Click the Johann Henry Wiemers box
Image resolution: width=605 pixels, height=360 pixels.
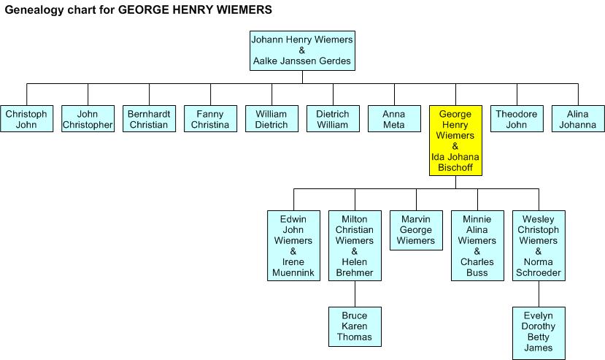click(x=302, y=50)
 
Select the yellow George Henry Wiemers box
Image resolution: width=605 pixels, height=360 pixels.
click(x=455, y=141)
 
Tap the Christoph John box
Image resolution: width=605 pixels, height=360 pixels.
click(x=26, y=118)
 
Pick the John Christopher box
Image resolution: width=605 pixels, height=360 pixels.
click(x=88, y=118)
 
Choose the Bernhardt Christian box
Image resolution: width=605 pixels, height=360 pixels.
click(x=149, y=118)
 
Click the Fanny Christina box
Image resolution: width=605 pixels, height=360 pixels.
click(x=210, y=118)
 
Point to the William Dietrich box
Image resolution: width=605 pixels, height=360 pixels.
click(x=271, y=118)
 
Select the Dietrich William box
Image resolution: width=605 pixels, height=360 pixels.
click(x=333, y=118)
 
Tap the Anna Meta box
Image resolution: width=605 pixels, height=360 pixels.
click(x=394, y=118)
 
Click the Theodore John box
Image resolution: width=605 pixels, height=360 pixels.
click(x=517, y=118)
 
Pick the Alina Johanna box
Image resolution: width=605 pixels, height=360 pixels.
click(x=578, y=118)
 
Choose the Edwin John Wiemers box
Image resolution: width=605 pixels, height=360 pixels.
click(x=293, y=245)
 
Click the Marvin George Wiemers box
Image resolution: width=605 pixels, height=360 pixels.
click(x=416, y=230)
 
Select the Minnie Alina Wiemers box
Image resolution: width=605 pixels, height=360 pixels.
click(x=477, y=245)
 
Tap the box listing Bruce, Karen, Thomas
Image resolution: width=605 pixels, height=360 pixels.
click(x=355, y=327)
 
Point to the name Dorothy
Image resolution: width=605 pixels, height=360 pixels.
click(x=539, y=326)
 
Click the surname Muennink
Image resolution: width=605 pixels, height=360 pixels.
click(x=293, y=272)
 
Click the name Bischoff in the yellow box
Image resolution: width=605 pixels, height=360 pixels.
click(x=455, y=168)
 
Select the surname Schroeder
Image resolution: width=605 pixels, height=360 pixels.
click(x=539, y=272)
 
